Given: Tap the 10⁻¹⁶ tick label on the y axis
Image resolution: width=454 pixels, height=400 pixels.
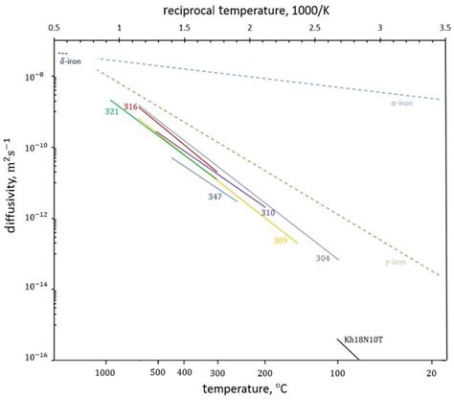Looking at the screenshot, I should point(38,354).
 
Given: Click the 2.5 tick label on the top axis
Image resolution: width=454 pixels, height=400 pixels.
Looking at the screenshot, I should point(315,29).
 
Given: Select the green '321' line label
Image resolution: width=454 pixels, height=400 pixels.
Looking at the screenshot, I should point(111,112).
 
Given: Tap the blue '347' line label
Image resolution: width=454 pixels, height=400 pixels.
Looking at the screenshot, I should point(216,196).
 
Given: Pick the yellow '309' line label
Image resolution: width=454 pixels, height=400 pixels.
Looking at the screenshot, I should point(280,240).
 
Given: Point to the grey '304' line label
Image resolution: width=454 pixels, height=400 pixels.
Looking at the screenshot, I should point(323,258).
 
